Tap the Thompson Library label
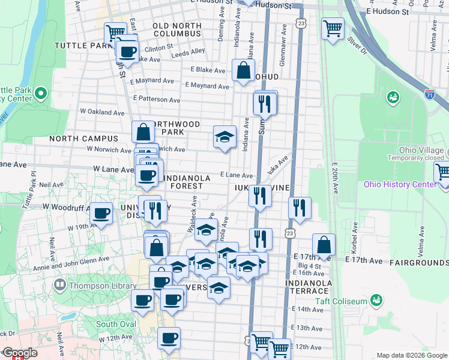pos(102,286)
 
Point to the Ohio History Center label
pos(400,184)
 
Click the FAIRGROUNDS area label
pos(418,263)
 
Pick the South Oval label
pos(115,325)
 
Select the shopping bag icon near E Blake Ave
pos(244,70)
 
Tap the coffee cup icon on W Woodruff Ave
pos(102,212)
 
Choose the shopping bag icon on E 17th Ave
pos(324,244)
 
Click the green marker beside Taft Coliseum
pos(377,299)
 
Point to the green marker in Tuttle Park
pos(40,94)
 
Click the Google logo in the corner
pos(19,353)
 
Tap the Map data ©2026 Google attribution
pos(411,355)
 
